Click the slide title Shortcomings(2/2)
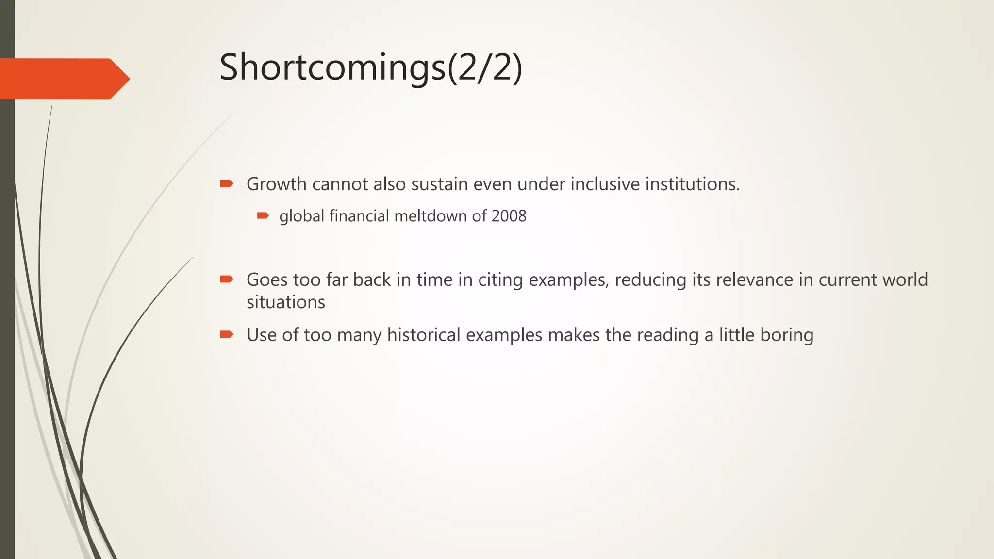pos(371,68)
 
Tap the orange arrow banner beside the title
pos(63,79)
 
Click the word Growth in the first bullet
pos(276,184)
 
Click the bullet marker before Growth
pos(227,183)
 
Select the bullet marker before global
pos(263,215)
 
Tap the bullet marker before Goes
pos(227,279)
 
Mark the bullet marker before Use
pos(227,334)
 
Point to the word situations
pos(285,302)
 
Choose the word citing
pos(500,280)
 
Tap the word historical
pos(424,335)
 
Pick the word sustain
pos(439,184)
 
